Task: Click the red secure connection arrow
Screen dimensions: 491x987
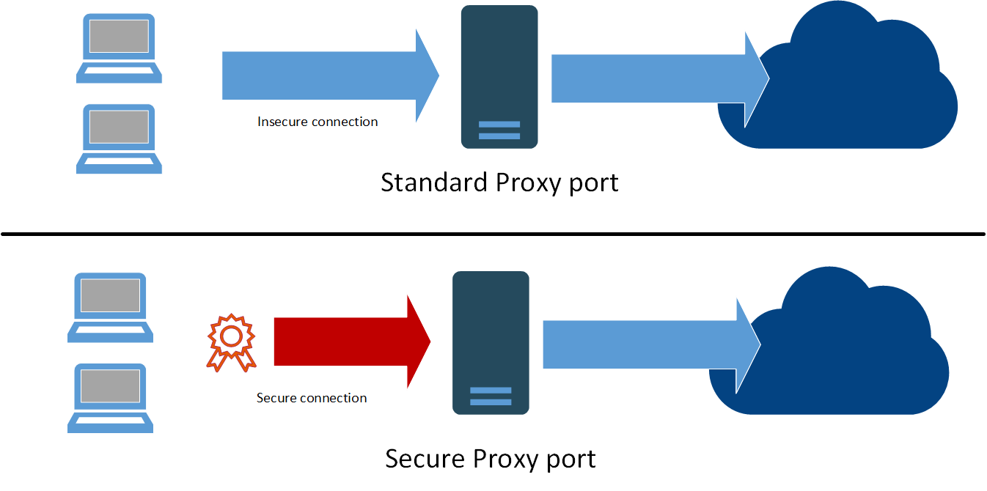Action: (345, 342)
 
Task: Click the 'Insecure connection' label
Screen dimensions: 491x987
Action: (318, 122)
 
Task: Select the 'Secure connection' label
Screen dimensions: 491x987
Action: (312, 398)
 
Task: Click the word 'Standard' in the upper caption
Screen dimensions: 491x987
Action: (434, 182)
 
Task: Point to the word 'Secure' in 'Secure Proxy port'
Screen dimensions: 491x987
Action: (425, 459)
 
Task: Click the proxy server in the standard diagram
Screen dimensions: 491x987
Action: (499, 76)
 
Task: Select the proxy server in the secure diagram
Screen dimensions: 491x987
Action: (491, 342)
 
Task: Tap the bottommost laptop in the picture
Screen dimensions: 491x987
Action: (110, 398)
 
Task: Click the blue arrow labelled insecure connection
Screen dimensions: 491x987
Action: (323, 76)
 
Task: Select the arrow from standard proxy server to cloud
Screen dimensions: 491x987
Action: (653, 78)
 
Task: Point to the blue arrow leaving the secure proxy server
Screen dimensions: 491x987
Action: (645, 344)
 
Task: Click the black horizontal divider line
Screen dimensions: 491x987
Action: (493, 235)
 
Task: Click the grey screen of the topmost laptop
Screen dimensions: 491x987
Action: (119, 36)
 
